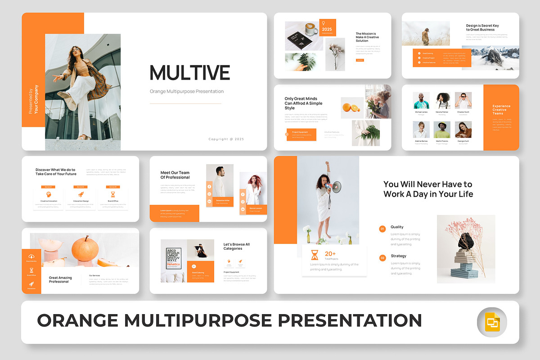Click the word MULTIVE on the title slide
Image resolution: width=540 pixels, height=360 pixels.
pyautogui.click(x=189, y=73)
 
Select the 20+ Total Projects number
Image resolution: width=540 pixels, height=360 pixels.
pyautogui.click(x=330, y=254)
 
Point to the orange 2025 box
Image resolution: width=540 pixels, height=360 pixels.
pyautogui.click(x=327, y=27)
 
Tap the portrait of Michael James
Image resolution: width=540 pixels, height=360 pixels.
pyautogui.click(x=421, y=101)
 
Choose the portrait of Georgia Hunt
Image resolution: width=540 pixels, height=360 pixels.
pyautogui.click(x=463, y=130)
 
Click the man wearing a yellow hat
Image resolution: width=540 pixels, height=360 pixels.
pyautogui.click(x=442, y=130)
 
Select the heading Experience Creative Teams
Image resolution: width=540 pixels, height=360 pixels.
pyautogui.click(x=501, y=110)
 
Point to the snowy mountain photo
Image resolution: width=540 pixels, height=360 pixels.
pyautogui.click(x=490, y=58)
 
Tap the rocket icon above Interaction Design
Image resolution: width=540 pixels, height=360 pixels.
pyautogui.click(x=81, y=194)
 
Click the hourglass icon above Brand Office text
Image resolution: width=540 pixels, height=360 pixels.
pyautogui.click(x=113, y=194)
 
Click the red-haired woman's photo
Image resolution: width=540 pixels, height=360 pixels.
pyautogui.click(x=253, y=188)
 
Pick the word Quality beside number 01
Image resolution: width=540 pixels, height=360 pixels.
pyautogui.click(x=397, y=227)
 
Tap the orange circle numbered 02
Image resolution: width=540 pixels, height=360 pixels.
pyautogui.click(x=382, y=258)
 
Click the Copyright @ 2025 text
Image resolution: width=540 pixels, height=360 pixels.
pyautogui.click(x=226, y=139)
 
